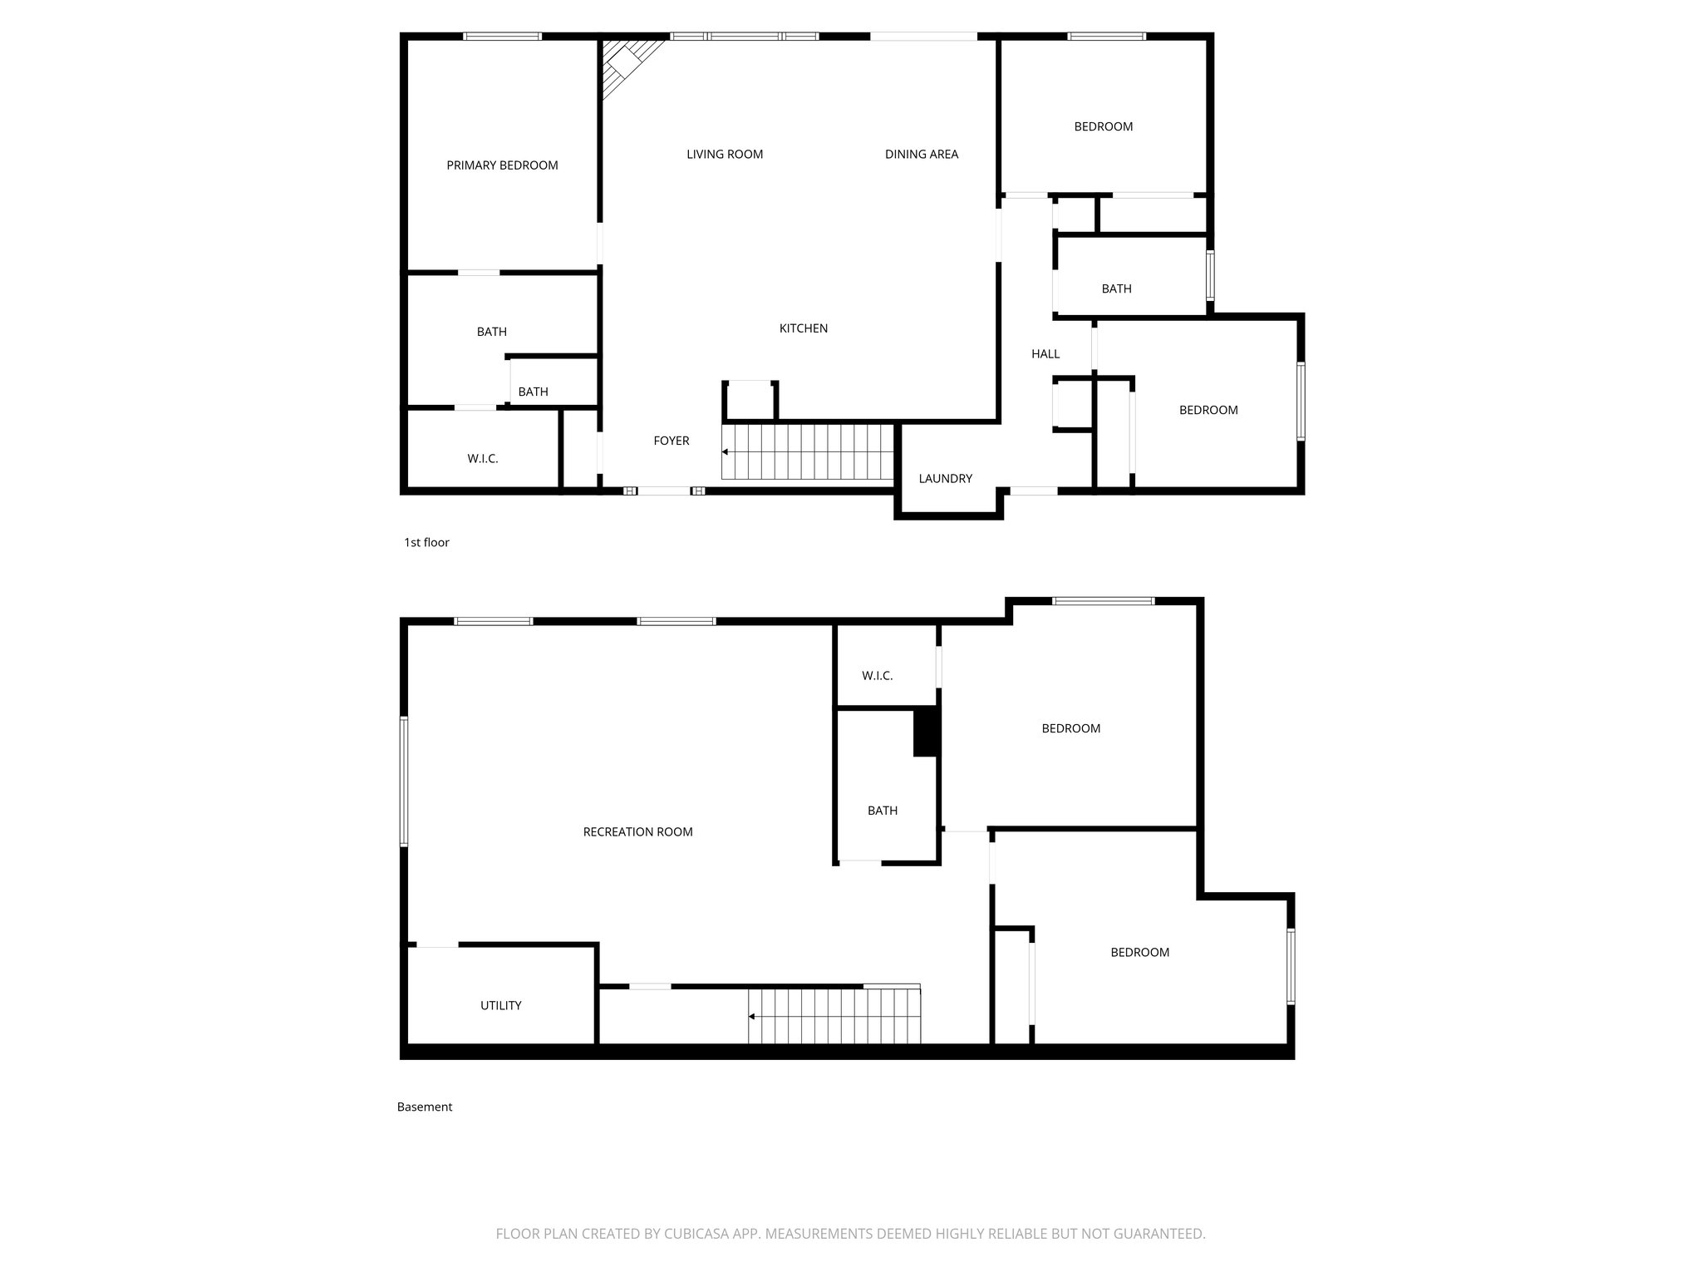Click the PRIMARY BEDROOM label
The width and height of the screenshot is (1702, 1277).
click(502, 165)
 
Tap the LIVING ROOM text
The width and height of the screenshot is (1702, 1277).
click(725, 154)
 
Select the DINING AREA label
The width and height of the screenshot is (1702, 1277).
click(921, 154)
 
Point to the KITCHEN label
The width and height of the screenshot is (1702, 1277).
click(803, 328)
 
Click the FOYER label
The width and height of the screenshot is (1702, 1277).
click(671, 441)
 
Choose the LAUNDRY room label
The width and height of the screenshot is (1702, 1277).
click(945, 478)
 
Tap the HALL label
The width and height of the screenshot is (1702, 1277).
click(1045, 353)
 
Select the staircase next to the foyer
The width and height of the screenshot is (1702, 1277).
click(806, 451)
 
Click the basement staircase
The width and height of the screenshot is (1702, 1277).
click(834, 1015)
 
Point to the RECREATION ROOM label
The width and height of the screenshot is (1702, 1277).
click(637, 831)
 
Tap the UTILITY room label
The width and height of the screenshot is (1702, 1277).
click(500, 1005)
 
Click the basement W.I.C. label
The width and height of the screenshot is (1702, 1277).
click(877, 676)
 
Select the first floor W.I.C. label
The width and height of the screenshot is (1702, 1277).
click(482, 458)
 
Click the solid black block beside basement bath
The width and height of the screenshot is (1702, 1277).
click(925, 732)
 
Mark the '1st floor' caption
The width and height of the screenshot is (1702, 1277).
click(426, 542)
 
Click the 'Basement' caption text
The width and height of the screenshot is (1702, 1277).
click(424, 1107)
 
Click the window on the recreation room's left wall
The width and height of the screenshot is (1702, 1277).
click(404, 781)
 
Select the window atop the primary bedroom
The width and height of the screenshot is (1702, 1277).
click(502, 36)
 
